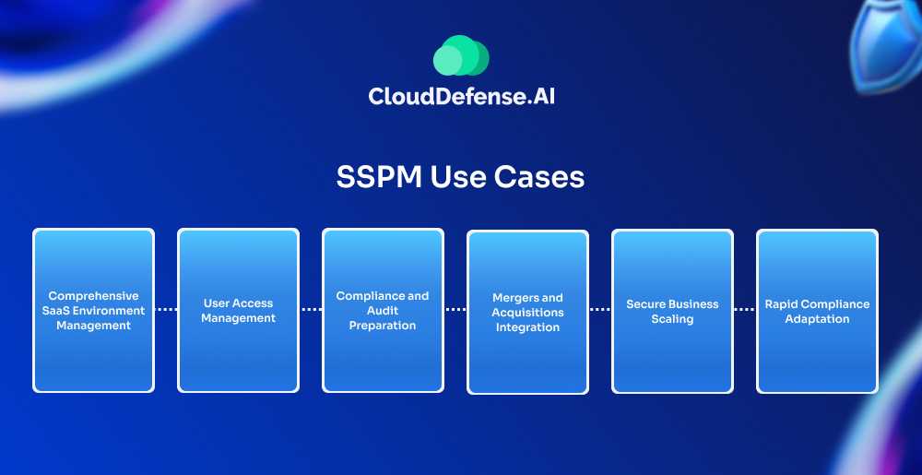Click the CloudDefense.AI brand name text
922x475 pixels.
click(x=461, y=96)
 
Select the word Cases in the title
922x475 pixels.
click(x=543, y=176)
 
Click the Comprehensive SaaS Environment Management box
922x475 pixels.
click(x=93, y=311)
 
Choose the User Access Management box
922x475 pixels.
click(x=238, y=311)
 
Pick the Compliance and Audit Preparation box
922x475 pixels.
click(x=383, y=311)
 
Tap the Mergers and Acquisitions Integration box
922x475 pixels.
click(x=527, y=313)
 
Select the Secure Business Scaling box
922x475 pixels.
click(x=672, y=312)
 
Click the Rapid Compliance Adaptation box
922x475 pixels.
click(x=817, y=312)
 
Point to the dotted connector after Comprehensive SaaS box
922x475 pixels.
click(x=166, y=310)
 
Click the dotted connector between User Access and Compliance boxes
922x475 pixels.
click(x=311, y=310)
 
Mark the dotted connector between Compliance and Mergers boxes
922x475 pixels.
click(x=455, y=310)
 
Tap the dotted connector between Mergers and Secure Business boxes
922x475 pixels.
click(x=600, y=310)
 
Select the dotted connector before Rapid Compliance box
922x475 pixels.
click(x=745, y=310)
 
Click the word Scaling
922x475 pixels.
click(x=672, y=319)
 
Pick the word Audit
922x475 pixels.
click(x=383, y=311)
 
